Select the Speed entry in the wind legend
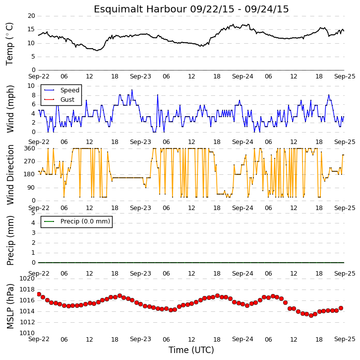click(x=70, y=90)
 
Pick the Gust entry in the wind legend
click(x=67, y=99)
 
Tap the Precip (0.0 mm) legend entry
click(x=85, y=221)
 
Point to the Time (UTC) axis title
click(x=191, y=350)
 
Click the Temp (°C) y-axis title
click(x=9, y=44)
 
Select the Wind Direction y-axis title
click(x=10, y=175)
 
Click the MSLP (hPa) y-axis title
click(x=10, y=306)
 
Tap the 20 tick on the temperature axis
click(x=31, y=16)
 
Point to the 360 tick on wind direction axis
click(x=30, y=148)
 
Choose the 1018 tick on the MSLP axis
click(x=27, y=289)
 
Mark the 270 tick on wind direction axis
click(x=30, y=161)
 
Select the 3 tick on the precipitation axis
click(x=34, y=233)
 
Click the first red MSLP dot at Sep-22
click(x=39, y=294)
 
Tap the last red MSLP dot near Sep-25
click(x=341, y=308)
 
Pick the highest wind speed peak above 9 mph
click(x=132, y=90)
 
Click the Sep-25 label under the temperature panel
click(x=345, y=76)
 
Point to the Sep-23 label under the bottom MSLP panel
click(x=140, y=339)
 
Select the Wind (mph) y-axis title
click(x=10, y=109)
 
